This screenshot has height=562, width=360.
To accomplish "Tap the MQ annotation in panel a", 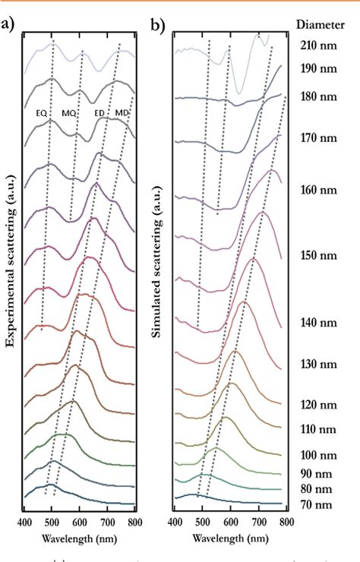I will (x=69, y=113).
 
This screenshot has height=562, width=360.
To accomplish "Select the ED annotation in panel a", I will (x=99, y=113).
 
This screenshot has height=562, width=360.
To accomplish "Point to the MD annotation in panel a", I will (x=122, y=113).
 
